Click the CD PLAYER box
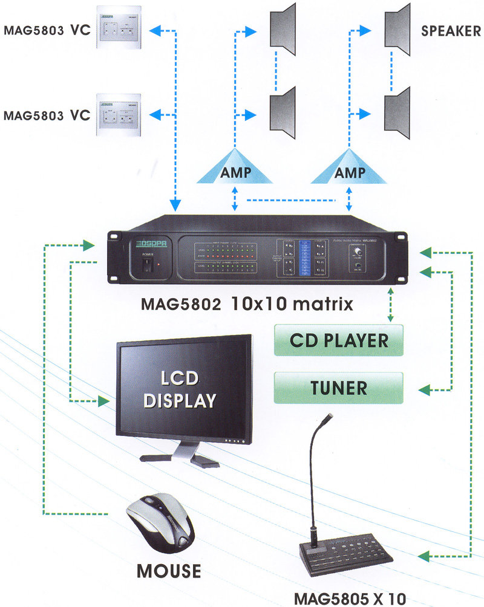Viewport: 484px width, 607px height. click(339, 339)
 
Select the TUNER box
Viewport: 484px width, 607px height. click(339, 387)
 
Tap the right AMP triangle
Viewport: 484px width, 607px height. click(349, 170)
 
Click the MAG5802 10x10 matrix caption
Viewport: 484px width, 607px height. click(246, 303)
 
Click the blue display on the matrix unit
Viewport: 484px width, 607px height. click(304, 258)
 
